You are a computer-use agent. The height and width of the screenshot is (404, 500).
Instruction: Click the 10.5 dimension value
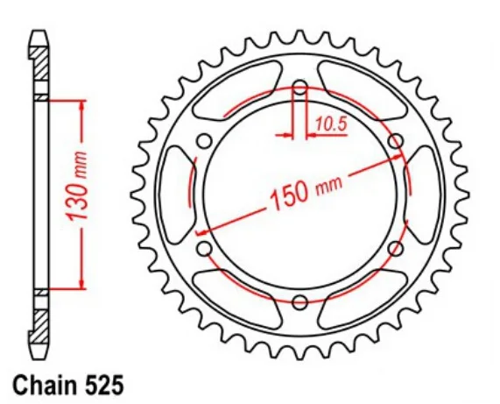[x=331, y=124]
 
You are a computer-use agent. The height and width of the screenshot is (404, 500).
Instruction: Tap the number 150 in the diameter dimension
[x=290, y=197]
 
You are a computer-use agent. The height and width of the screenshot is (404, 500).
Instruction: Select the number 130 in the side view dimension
[x=76, y=203]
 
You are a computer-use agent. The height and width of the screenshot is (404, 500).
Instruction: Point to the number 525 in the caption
[x=104, y=385]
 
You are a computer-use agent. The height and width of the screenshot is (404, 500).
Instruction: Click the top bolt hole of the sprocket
[x=300, y=87]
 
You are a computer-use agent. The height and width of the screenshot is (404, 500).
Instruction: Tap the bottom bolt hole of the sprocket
[x=300, y=302]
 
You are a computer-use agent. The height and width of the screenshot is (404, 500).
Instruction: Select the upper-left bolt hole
[x=204, y=141]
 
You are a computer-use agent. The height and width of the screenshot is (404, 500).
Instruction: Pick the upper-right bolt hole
[x=396, y=141]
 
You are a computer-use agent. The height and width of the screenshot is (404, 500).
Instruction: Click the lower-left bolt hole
[x=204, y=249]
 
